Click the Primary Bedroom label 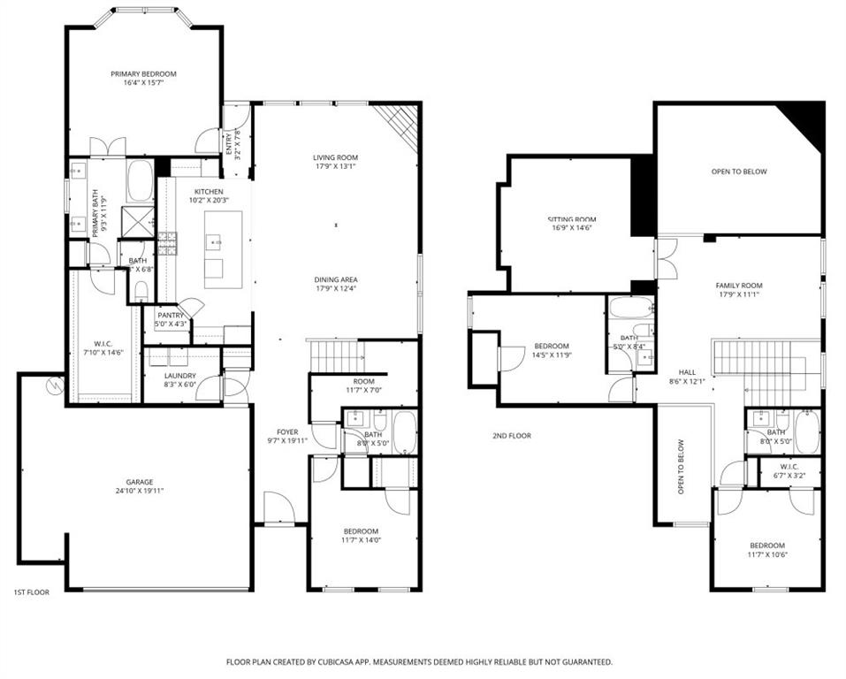[143, 73]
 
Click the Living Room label [336, 157]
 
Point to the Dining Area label [336, 278]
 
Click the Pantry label [170, 315]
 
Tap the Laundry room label [179, 377]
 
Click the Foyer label [287, 432]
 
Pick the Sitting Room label [571, 219]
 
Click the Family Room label [738, 286]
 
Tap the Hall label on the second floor [687, 372]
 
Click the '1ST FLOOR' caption [31, 591]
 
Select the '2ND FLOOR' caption [512, 435]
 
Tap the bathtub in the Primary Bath [140, 181]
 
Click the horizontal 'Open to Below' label [739, 172]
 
